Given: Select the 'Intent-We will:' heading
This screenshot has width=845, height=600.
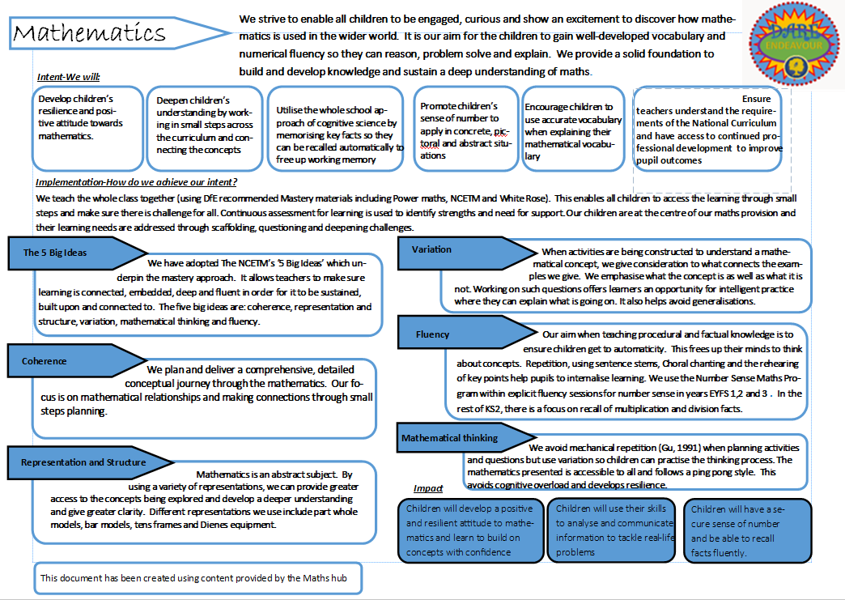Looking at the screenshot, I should pos(68,77).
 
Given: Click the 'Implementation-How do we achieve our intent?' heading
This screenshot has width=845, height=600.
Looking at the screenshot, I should pos(136,182).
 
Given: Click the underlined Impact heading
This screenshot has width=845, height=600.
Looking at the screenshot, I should pos(428,488).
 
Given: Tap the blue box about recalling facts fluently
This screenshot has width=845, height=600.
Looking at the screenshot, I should pos(747,530).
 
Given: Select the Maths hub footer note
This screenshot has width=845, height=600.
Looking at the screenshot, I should pos(197,578).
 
